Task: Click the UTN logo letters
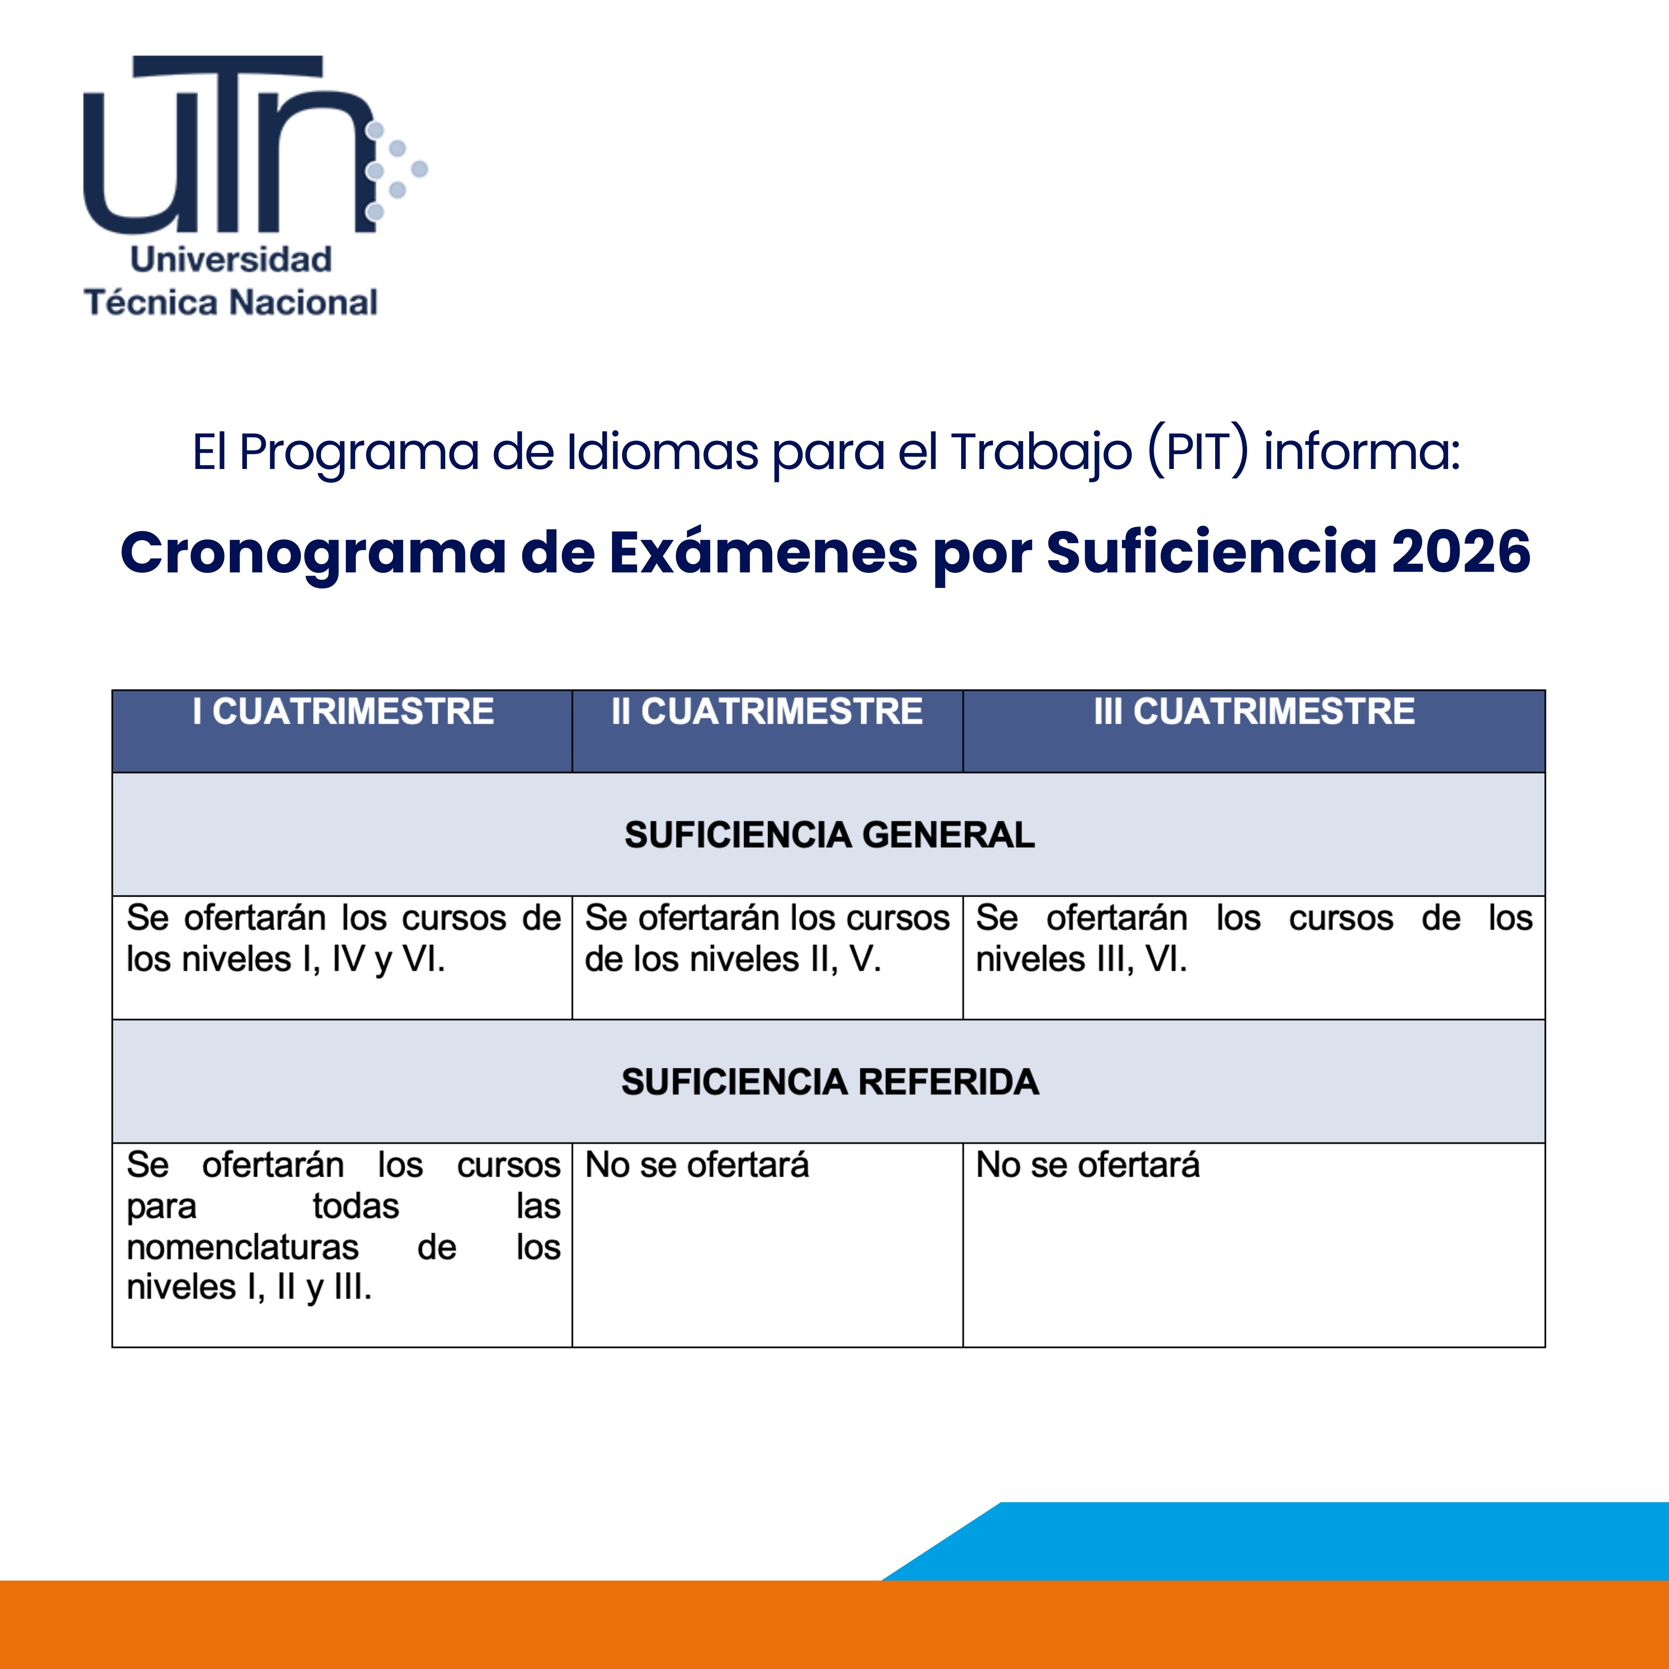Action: (229, 144)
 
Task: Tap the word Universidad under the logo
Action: (231, 259)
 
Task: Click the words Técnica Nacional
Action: (231, 302)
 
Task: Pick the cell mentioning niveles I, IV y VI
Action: (343, 939)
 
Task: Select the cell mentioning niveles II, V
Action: (767, 939)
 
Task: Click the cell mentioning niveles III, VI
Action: (1254, 939)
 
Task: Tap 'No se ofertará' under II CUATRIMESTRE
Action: (697, 1165)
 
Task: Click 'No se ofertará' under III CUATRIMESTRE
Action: (1088, 1165)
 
